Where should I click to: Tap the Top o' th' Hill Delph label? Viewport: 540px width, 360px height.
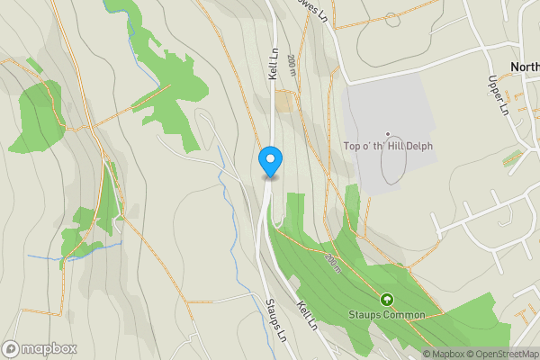[x=390, y=144]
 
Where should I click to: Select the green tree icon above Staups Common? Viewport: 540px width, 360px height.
[x=388, y=299]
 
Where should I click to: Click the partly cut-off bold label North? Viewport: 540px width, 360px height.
[x=524, y=67]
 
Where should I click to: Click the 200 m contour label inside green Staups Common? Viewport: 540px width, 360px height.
[x=335, y=263]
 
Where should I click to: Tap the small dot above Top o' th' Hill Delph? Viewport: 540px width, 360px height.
[x=388, y=134]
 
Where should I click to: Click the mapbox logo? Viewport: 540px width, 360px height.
[x=40, y=348]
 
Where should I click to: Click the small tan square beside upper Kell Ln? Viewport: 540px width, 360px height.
[x=283, y=102]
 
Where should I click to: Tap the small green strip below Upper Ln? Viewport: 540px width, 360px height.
[x=512, y=158]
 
